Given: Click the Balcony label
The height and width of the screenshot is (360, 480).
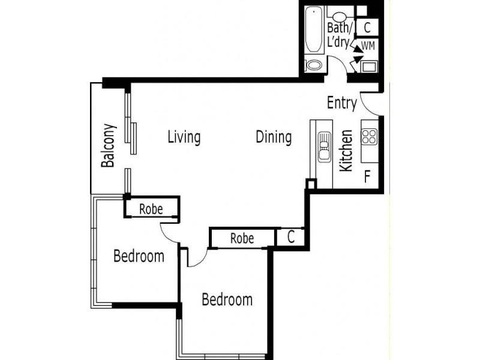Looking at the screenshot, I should coord(108,146).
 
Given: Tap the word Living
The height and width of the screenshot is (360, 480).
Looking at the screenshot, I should coord(184,137).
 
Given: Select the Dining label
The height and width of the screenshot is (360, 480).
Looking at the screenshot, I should coord(274,137).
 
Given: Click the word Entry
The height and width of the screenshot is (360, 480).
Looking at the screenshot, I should coord(342,103).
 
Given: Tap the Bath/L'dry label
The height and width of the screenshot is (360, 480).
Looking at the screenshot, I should coord(339,35).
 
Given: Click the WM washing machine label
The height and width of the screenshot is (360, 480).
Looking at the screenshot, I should coord(367,46).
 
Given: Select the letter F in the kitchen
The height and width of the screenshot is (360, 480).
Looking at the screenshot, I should coord(368,176).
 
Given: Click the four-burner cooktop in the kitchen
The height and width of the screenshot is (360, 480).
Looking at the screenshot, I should coord(368,137).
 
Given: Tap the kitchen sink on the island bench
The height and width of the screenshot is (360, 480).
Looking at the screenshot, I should coord(324,147).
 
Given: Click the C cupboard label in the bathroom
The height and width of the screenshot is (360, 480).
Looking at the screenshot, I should coord(367,28).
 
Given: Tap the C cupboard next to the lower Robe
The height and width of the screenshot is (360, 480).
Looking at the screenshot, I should coord(290,238).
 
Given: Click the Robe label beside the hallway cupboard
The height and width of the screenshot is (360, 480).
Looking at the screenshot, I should coord(242,238).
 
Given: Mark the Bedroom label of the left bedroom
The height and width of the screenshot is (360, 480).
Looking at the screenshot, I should coord(139,257).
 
